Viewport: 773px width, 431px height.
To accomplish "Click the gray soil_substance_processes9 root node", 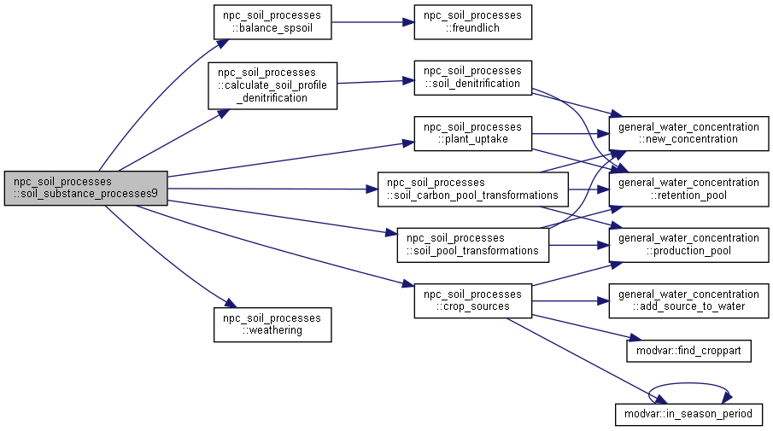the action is [85, 188].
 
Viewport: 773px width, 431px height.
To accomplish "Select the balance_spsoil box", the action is [272, 22].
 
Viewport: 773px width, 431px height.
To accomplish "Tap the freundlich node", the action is [473, 22].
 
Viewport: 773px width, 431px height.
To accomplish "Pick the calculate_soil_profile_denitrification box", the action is [272, 85].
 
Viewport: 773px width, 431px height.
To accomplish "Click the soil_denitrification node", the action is [473, 78].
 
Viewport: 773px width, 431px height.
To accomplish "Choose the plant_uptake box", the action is [473, 133].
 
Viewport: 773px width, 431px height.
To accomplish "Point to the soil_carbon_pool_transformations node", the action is [473, 189].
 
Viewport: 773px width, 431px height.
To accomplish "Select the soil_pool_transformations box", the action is [473, 245].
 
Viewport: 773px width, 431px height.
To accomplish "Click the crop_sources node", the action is [473, 300].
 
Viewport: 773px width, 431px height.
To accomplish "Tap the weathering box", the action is [272, 324].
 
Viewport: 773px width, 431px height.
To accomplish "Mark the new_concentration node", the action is [688, 133].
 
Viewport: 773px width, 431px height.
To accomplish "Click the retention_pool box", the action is [688, 189].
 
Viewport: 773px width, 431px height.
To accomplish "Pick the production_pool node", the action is [688, 245].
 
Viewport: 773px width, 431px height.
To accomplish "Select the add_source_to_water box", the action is [688, 300].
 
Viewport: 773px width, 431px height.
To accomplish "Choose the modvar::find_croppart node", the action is [688, 351].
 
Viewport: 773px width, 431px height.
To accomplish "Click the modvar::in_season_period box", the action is [688, 414].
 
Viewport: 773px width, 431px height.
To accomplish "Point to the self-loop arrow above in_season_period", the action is [688, 383].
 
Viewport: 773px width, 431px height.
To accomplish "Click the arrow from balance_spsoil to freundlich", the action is [372, 22].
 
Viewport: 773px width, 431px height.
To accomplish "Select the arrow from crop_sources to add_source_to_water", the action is [571, 300].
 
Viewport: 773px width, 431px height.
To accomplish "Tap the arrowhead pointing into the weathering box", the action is [231, 304].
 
